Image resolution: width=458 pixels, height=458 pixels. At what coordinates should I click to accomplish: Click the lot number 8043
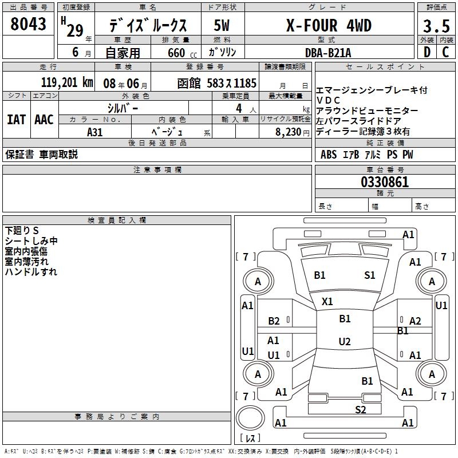point(29,24)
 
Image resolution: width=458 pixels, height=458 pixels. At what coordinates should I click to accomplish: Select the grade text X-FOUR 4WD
point(329,25)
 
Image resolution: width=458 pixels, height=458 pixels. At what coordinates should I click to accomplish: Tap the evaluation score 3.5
point(436,27)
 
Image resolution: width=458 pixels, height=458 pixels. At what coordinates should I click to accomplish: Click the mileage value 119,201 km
point(68,82)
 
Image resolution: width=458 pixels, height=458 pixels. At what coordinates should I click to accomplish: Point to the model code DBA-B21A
point(329,53)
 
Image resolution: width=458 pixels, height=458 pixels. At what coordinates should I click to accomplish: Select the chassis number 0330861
point(385,183)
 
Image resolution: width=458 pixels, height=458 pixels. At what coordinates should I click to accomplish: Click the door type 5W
point(222,25)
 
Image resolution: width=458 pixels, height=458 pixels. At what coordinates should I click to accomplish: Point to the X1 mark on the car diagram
point(327,301)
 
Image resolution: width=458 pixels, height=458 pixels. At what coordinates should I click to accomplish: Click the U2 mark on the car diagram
point(344,342)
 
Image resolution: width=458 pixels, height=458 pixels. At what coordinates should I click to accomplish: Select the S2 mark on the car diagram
point(360,409)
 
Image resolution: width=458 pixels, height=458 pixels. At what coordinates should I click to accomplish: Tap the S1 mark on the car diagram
point(370,275)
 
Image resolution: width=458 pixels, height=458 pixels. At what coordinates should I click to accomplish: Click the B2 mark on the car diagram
point(274,321)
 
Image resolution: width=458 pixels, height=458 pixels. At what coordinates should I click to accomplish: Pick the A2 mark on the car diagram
point(415,321)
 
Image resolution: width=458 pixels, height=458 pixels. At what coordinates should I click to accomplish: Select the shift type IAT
point(16,120)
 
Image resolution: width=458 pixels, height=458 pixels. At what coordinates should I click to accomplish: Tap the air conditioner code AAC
point(44,120)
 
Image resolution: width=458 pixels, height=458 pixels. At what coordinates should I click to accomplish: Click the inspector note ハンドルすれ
point(31,272)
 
